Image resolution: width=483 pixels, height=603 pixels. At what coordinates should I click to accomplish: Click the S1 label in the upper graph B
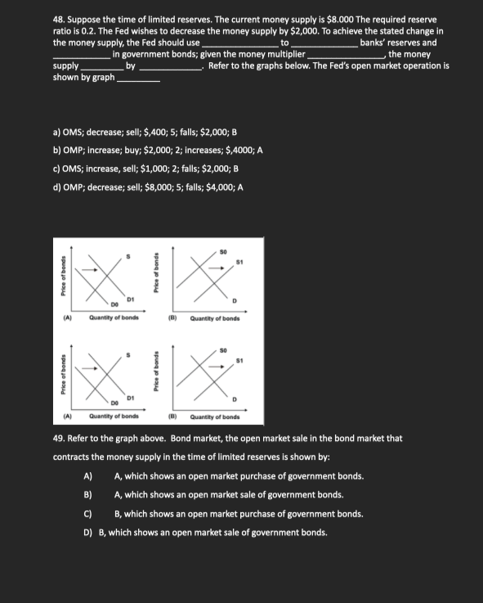tap(238, 263)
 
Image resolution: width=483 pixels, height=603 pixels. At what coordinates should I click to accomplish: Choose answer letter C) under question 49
tap(88, 513)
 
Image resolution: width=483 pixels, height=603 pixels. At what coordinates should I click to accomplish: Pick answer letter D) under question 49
tap(88, 532)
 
